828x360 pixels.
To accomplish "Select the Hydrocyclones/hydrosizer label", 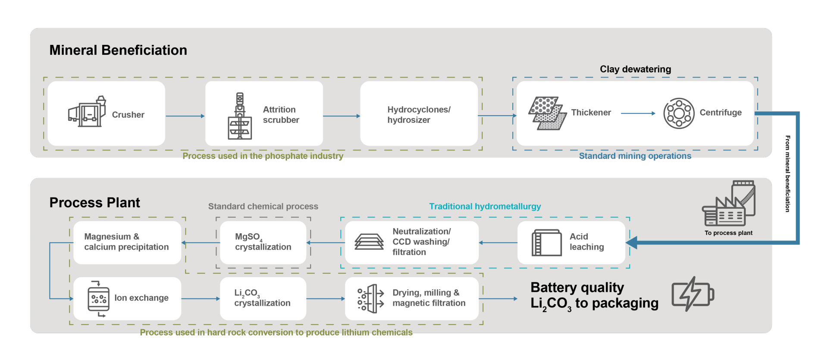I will [x=419, y=115].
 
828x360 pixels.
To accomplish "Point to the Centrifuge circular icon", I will [x=679, y=113].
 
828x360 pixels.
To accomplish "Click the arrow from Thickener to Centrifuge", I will [x=638, y=113].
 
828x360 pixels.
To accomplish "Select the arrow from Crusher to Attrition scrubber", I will [x=185, y=116].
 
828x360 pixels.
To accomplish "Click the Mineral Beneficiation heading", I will [x=118, y=50].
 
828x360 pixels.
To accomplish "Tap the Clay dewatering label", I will [x=635, y=69].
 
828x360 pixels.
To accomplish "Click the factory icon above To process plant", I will [x=729, y=204].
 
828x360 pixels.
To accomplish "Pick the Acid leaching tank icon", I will [x=546, y=243].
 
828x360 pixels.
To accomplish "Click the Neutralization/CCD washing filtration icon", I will [x=369, y=242].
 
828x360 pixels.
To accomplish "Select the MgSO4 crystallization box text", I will [x=263, y=242].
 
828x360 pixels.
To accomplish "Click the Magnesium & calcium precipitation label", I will [x=126, y=242].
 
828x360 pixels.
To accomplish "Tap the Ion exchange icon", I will [x=98, y=298].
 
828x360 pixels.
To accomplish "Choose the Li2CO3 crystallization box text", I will [x=262, y=298].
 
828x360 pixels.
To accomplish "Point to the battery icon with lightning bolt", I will [x=693, y=294].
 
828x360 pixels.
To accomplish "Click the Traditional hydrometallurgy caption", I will [x=485, y=207].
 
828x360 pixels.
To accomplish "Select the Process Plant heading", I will [x=95, y=203].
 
